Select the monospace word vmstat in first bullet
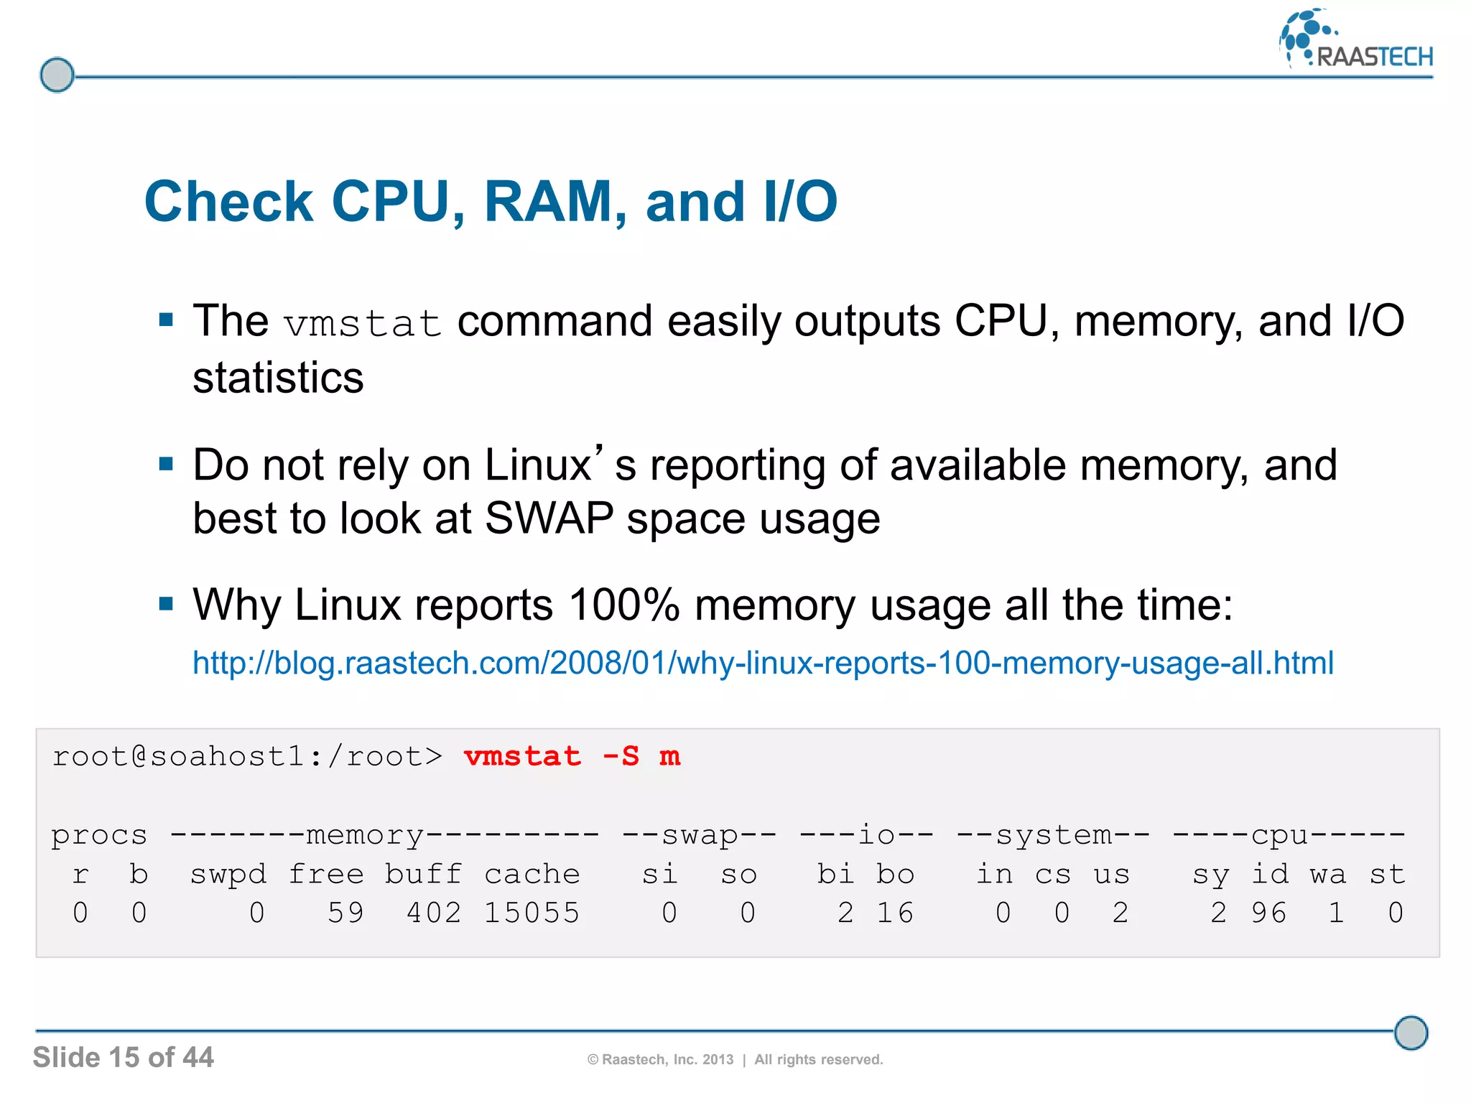pos(362,323)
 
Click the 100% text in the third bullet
pos(623,605)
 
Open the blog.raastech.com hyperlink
pos(763,663)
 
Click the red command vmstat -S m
pos(572,756)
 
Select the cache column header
pos(532,874)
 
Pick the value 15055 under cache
pos(532,913)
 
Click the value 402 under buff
pos(433,913)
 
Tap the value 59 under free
pos(345,913)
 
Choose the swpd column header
pos(228,874)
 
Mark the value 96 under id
pos(1268,913)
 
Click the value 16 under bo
pos(895,913)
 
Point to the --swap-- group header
pos(699,835)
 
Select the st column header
pos(1386,874)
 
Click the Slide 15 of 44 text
pos(123,1057)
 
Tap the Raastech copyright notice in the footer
pos(735,1059)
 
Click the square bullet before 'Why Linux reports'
pos(166,603)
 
